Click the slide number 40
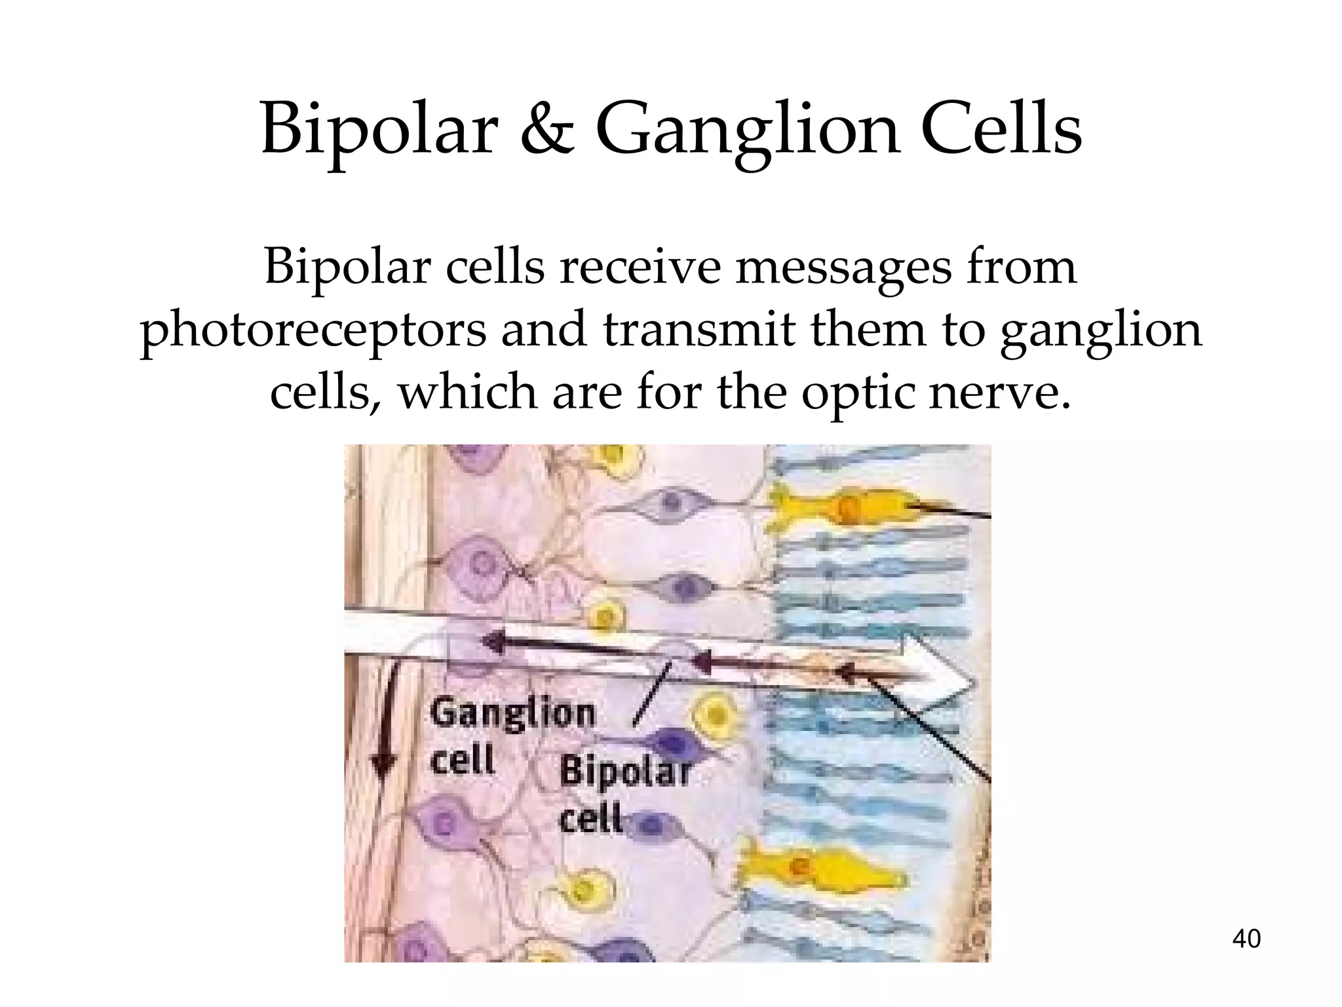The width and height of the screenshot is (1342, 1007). point(1246,939)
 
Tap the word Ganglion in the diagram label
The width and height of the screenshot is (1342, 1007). point(512,713)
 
